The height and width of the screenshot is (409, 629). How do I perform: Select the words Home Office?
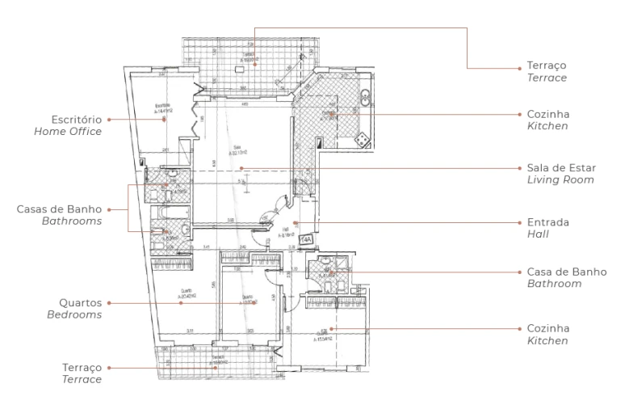(x=68, y=131)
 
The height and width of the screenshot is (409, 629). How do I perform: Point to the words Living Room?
(x=560, y=180)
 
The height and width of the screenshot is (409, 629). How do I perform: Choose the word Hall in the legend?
(x=538, y=234)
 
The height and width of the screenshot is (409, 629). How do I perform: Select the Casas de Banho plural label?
(x=59, y=208)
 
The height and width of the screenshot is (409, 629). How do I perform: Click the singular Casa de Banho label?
(x=566, y=272)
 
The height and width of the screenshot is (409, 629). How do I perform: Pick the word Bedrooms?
(x=73, y=315)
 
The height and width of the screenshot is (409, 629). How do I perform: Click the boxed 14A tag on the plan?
(x=306, y=240)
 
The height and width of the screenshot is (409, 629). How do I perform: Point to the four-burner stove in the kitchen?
(x=363, y=141)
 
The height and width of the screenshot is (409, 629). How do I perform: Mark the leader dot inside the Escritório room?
(x=165, y=119)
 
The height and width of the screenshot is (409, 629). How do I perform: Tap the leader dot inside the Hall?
(x=297, y=222)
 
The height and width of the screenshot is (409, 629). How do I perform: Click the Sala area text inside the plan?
(x=236, y=150)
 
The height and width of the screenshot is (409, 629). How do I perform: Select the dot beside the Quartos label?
(x=111, y=304)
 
